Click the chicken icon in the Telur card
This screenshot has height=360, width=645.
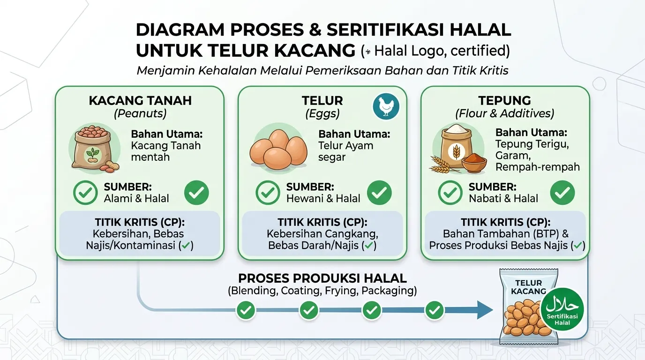pos(386,106)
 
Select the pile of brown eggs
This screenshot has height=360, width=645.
pos(278,149)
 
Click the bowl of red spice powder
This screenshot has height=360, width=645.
pos(474,162)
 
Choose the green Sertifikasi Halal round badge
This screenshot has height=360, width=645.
pos(562,309)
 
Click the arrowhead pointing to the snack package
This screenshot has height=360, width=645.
pos(485,310)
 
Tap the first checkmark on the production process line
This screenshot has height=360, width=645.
pos(246,310)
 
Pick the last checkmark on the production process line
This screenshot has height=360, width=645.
pos(434,310)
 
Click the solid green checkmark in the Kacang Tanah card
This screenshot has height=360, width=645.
pos(196,193)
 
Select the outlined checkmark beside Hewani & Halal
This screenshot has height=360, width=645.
pos(268,193)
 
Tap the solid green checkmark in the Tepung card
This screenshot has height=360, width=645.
pos(562,193)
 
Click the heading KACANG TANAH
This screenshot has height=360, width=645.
pos(140,100)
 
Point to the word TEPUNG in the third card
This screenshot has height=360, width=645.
pos(504,100)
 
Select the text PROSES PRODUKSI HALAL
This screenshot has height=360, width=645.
pos(322,278)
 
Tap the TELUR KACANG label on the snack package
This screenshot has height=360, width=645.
pos(528,287)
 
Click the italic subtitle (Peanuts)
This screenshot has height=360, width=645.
pos(140,113)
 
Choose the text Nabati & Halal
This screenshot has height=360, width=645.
pos(503,198)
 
